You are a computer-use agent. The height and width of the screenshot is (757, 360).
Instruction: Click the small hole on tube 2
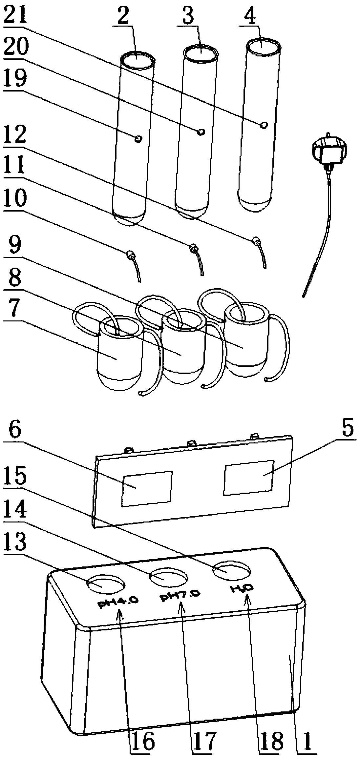coord(138,139)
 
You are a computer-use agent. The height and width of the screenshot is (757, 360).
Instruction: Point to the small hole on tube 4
coord(264,125)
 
